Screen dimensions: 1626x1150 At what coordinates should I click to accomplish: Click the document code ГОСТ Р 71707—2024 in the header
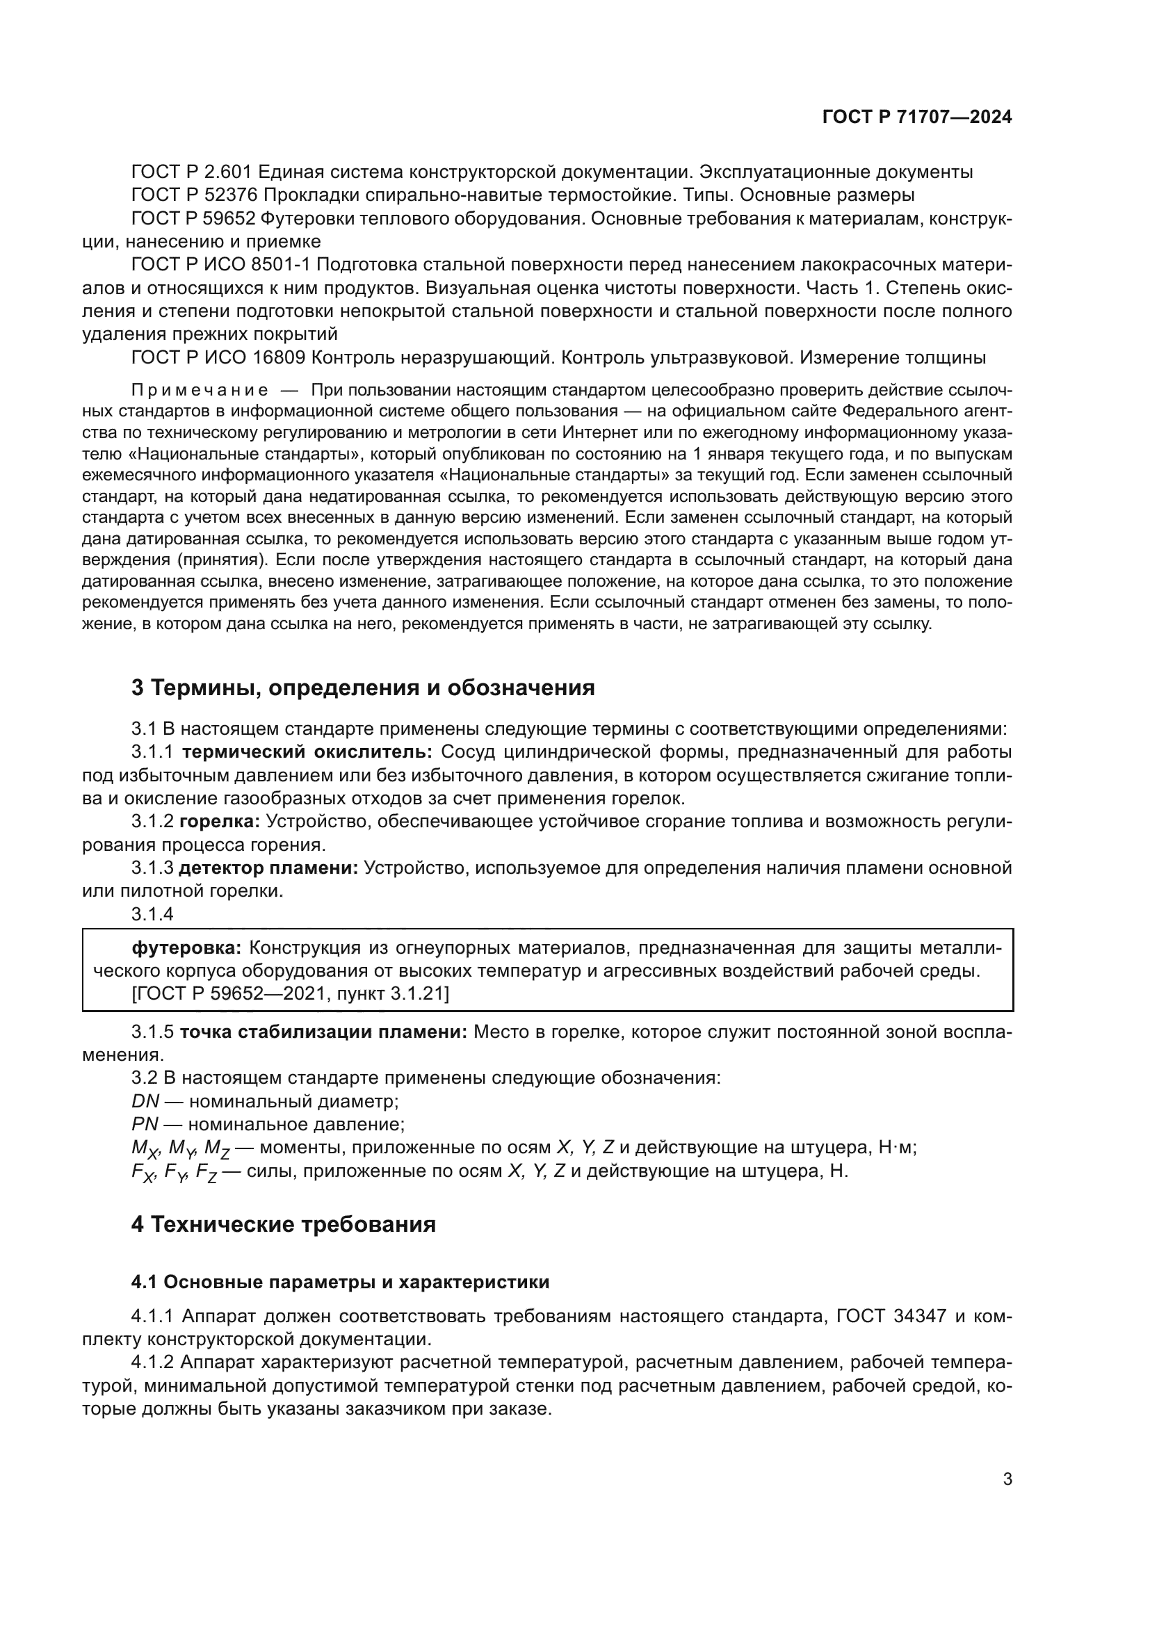(x=917, y=117)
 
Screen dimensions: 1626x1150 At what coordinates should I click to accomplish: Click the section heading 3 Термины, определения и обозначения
(x=362, y=687)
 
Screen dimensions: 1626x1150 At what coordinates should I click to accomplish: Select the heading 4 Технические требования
(x=283, y=1224)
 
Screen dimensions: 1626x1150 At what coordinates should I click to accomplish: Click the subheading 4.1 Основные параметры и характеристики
(x=340, y=1283)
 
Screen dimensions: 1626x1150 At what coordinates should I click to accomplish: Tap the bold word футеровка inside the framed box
(x=187, y=948)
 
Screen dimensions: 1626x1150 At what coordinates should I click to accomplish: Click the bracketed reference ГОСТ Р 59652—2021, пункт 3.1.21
(x=291, y=994)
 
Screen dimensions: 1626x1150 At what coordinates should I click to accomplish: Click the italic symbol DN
(x=145, y=1102)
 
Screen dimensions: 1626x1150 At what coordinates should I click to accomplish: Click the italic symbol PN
(x=145, y=1125)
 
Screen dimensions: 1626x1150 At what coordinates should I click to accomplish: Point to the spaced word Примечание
(x=200, y=390)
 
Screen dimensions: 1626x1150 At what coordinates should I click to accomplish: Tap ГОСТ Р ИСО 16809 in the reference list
(x=218, y=358)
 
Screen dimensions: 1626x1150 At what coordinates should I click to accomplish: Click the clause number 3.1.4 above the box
(x=152, y=914)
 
